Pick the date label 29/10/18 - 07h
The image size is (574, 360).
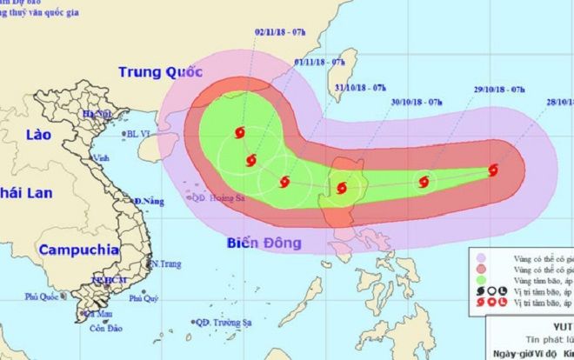pyautogui.click(x=492, y=90)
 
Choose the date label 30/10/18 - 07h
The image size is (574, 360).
pyautogui.click(x=418, y=102)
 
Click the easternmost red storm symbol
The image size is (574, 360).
pyautogui.click(x=494, y=170)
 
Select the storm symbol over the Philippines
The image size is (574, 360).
pyautogui.click(x=341, y=187)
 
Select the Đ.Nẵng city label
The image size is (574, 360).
pyautogui.click(x=150, y=202)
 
